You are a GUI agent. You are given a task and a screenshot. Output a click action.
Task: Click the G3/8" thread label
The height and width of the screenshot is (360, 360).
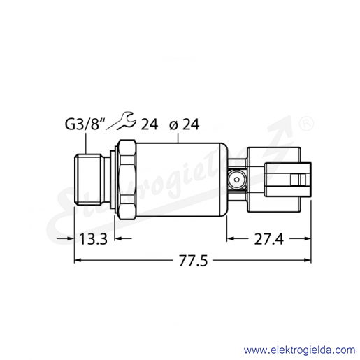click(84, 125)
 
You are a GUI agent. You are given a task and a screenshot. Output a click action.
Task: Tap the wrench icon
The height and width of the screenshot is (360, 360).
click(121, 121)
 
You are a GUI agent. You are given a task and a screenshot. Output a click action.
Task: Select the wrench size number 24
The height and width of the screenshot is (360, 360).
click(150, 124)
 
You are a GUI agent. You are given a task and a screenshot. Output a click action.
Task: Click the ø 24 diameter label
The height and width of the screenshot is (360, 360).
click(185, 124)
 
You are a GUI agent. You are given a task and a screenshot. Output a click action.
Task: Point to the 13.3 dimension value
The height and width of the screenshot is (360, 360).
click(93, 239)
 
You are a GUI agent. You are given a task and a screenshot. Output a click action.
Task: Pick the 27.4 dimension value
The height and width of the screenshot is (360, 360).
click(268, 239)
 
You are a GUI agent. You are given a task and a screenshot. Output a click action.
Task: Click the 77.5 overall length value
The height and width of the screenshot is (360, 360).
click(193, 261)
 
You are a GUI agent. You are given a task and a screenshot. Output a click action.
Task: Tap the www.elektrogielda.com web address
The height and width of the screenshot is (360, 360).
click(299, 350)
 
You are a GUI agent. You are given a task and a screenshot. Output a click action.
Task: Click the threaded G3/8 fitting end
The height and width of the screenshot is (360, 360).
click(87, 180)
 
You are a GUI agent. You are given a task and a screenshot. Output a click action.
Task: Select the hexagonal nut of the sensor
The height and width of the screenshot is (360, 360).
click(127, 180)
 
